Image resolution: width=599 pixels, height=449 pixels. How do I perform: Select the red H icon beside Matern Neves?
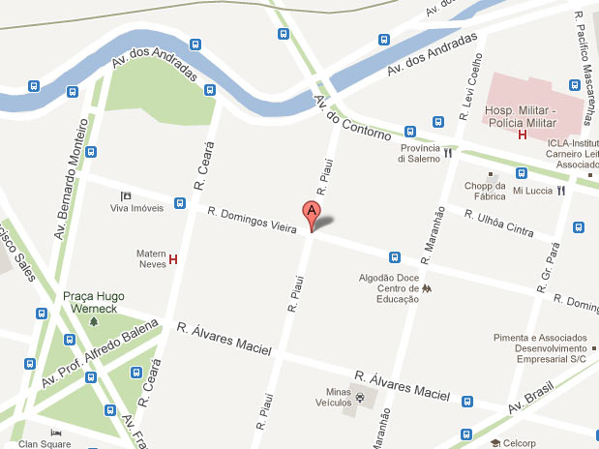pos(173,259)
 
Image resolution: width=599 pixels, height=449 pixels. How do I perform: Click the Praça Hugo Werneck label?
pos(94,303)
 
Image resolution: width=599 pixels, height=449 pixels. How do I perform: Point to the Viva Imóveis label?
pos(135,208)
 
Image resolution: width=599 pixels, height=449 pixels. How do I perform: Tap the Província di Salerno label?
pos(421,154)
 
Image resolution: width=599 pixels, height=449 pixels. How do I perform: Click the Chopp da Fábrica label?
pos(486,191)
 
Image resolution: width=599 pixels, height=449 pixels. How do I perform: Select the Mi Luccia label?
pos(532,191)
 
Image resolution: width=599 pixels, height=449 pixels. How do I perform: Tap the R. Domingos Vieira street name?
pos(251,217)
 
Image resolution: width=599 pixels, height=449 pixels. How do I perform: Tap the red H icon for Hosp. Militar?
pos(523,135)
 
